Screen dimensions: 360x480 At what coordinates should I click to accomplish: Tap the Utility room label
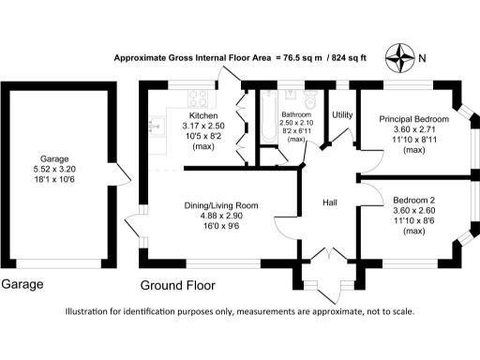tap(341, 114)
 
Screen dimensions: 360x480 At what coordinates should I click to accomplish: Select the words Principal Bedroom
tap(413, 120)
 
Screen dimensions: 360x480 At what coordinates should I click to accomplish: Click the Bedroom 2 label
tap(413, 200)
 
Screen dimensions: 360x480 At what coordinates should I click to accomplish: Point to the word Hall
tap(331, 203)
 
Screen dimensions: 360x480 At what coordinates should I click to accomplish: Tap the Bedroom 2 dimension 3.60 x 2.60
tap(413, 211)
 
